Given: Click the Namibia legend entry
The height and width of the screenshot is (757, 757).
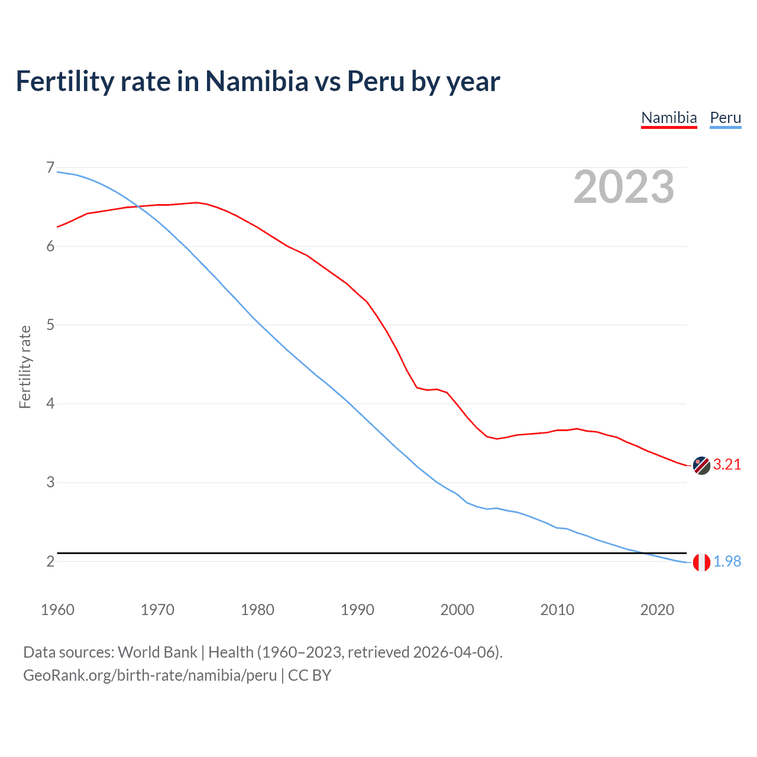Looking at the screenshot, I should pyautogui.click(x=669, y=118).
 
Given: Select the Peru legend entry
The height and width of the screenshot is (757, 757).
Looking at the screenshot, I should pyautogui.click(x=725, y=118).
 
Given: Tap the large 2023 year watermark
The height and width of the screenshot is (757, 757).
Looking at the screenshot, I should pyautogui.click(x=623, y=187).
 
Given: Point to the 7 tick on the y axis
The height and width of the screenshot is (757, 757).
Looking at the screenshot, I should pyautogui.click(x=50, y=168).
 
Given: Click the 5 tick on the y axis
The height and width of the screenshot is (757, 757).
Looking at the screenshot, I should pyautogui.click(x=50, y=325).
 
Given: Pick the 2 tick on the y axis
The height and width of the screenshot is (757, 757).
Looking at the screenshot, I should pyautogui.click(x=50, y=561).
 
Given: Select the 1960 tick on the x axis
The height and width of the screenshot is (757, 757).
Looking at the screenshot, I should pyautogui.click(x=57, y=610).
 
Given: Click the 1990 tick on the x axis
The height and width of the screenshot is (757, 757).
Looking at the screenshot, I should pyautogui.click(x=357, y=610).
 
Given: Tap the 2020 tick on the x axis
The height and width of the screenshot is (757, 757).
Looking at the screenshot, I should pyautogui.click(x=657, y=610).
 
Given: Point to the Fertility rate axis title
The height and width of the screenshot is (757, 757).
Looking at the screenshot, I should pyautogui.click(x=25, y=367).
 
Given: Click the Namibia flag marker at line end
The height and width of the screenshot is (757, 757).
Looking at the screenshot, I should pyautogui.click(x=701, y=465).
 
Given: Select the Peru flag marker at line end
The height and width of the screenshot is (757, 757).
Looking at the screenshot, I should pyautogui.click(x=701, y=562).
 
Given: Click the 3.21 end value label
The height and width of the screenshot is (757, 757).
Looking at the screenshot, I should pyautogui.click(x=727, y=465).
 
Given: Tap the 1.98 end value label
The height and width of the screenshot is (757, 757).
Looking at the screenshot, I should pyautogui.click(x=727, y=562).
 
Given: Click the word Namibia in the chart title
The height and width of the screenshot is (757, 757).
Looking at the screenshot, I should pyautogui.click(x=257, y=81).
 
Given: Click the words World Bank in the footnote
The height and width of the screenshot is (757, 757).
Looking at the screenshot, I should pyautogui.click(x=157, y=652).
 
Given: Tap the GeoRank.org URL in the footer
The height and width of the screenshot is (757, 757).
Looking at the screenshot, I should pyautogui.click(x=150, y=675).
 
